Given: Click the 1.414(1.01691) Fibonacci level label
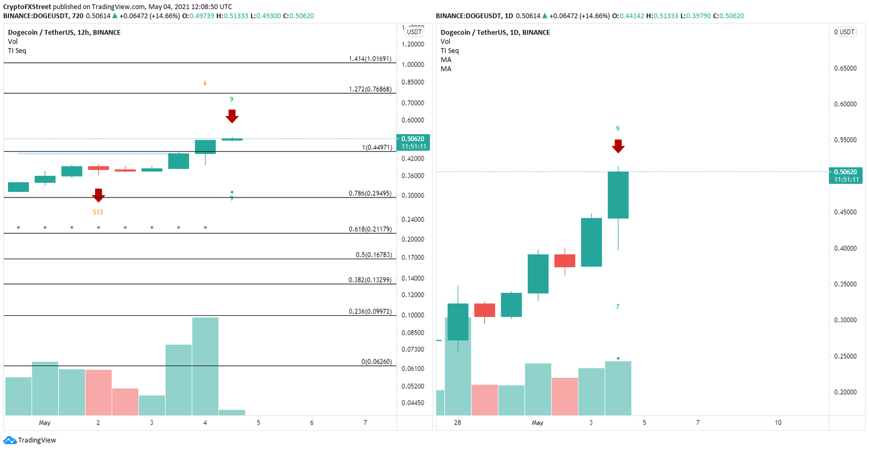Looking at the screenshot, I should [x=370, y=58].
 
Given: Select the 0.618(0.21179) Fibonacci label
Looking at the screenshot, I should [x=370, y=229].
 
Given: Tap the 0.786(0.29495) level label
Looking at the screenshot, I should [x=370, y=194].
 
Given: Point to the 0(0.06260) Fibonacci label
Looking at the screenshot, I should [x=376, y=362].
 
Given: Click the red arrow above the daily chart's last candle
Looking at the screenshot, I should [x=618, y=145].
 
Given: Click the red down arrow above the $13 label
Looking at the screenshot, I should [x=98, y=195].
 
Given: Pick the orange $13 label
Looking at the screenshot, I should [x=98, y=212].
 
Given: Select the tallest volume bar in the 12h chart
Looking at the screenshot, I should [x=205, y=366].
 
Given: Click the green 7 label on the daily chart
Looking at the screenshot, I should [x=618, y=307].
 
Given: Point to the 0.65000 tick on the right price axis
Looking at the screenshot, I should [x=846, y=68].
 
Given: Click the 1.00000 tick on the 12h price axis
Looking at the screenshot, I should [x=413, y=65].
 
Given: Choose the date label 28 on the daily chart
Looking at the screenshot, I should [x=457, y=423].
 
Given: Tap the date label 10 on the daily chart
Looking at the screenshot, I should [x=778, y=423].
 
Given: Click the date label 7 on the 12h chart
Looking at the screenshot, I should [x=365, y=423].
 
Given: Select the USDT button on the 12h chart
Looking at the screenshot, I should [x=414, y=32].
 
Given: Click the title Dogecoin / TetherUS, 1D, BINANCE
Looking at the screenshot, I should [x=495, y=32].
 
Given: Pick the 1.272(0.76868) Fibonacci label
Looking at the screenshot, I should [x=370, y=89].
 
